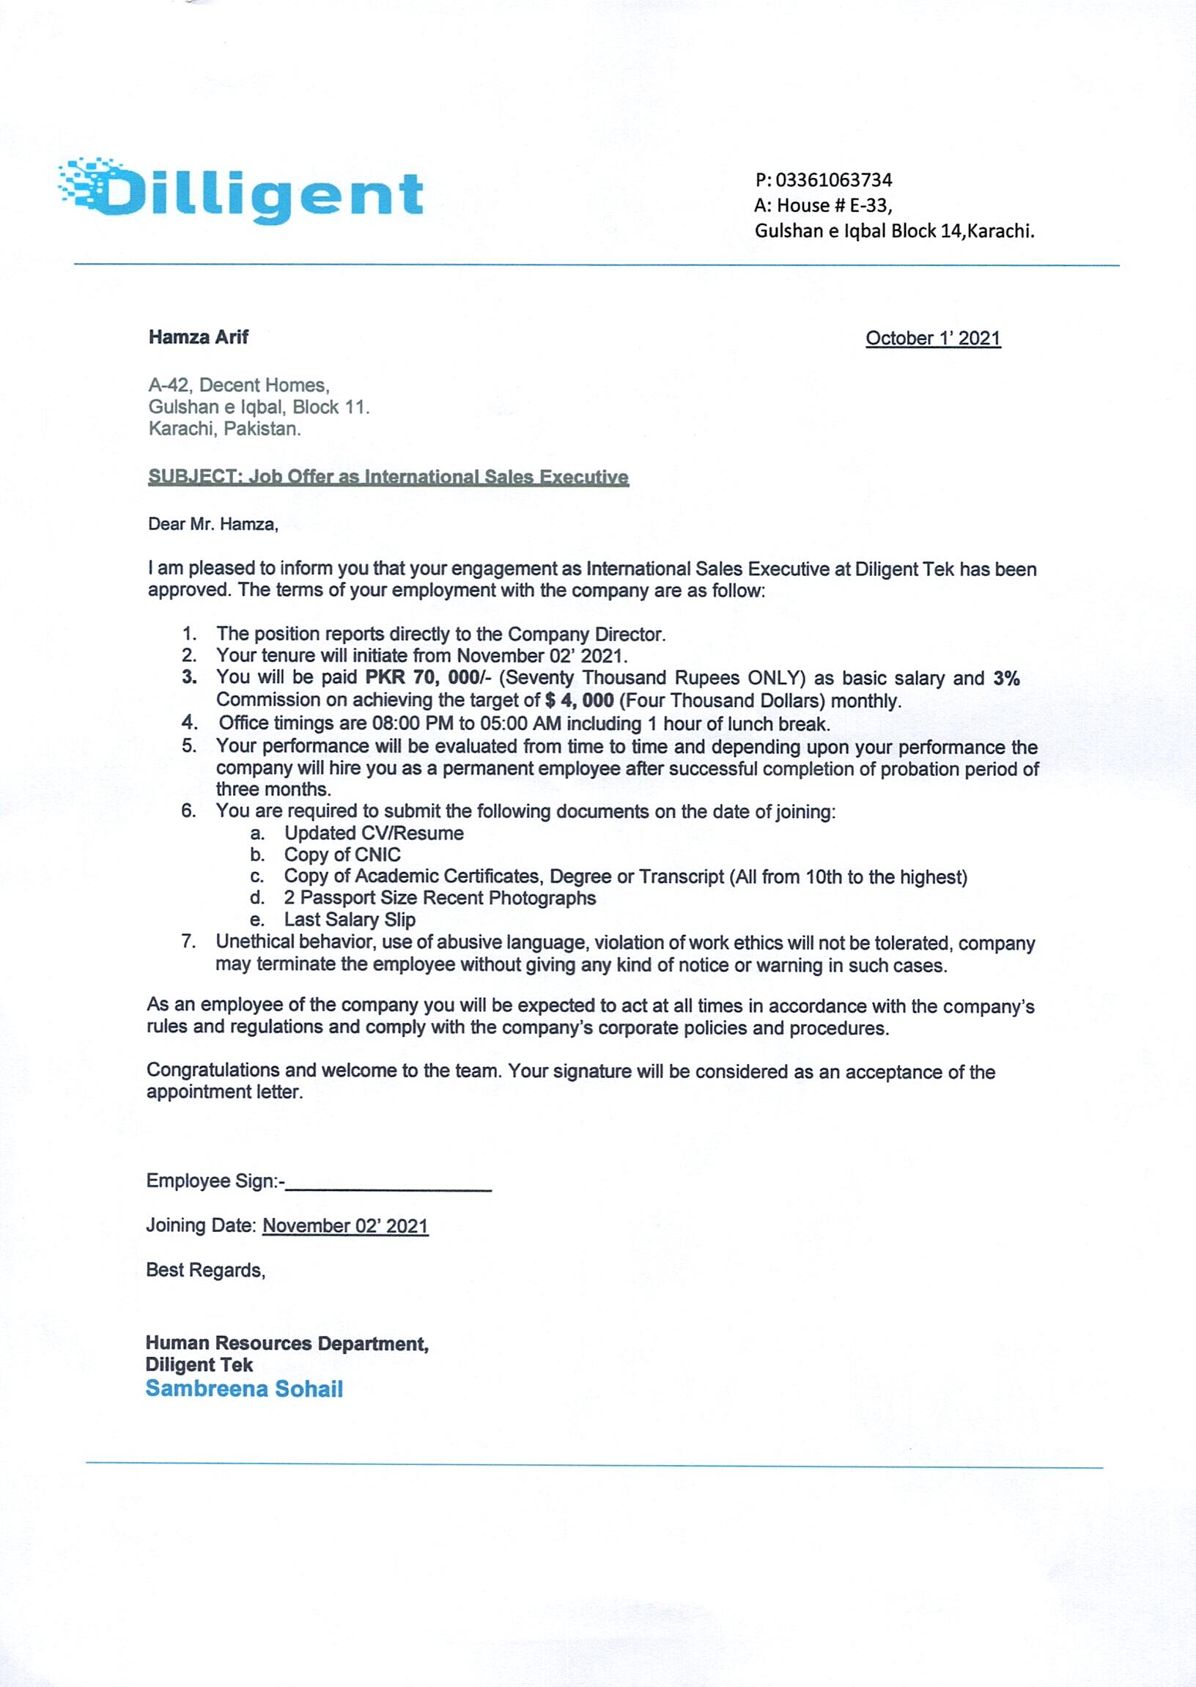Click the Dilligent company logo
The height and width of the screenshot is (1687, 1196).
[241, 190]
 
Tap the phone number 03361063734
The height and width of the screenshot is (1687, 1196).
[834, 180]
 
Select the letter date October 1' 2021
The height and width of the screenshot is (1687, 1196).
[932, 338]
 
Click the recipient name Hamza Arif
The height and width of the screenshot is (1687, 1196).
[198, 336]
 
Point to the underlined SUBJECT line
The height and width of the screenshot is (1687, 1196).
[388, 476]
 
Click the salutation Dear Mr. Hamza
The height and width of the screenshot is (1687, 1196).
[213, 523]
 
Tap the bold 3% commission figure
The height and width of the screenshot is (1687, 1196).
[1006, 677]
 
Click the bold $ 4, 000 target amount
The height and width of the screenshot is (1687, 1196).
[580, 700]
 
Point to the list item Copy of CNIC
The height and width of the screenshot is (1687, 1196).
[342, 854]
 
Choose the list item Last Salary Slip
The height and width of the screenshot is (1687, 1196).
[350, 919]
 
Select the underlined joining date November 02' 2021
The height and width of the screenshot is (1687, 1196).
[344, 1225]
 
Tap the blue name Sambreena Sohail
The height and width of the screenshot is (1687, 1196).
[245, 1389]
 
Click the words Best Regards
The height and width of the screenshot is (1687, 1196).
[205, 1270]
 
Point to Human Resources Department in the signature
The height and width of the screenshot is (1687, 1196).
[287, 1343]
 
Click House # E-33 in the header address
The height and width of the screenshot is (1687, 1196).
[835, 204]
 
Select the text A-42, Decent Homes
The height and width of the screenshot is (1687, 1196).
[239, 385]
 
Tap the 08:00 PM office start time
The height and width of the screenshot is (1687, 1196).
[413, 723]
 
